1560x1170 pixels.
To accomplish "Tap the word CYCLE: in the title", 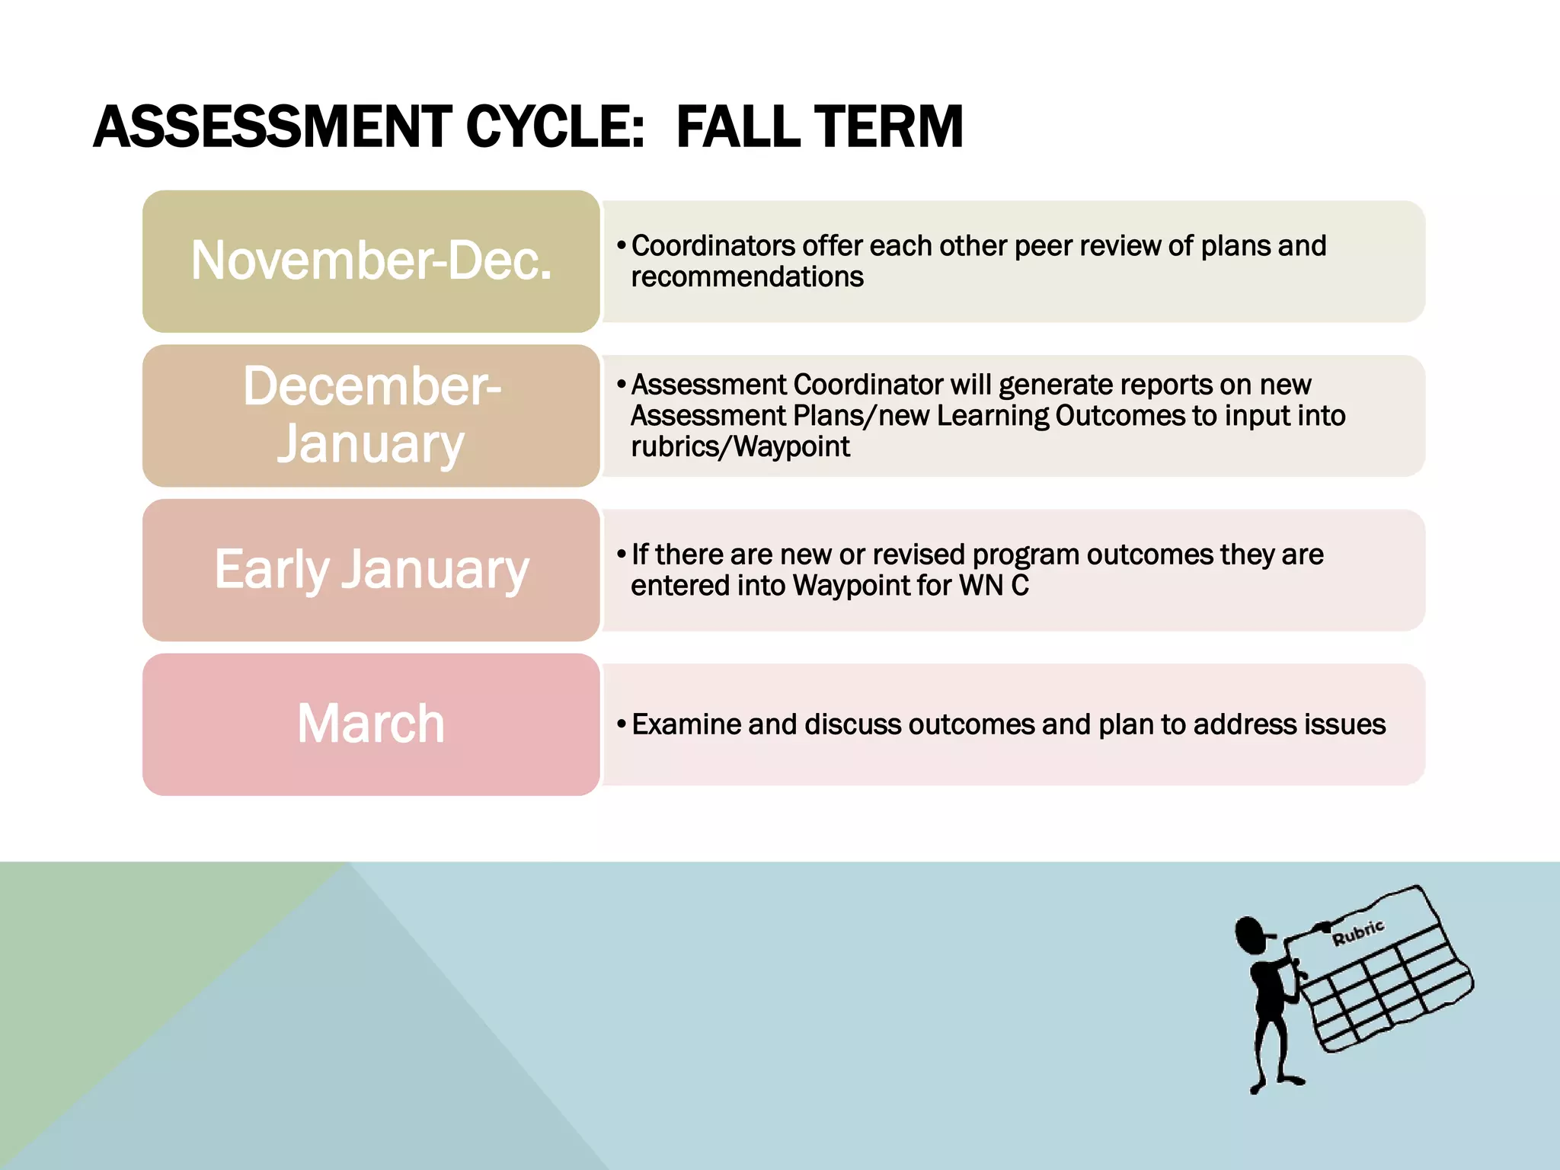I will coord(555,127).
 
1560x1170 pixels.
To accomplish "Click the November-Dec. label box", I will coord(371,261).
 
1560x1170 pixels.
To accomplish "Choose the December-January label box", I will coord(371,416).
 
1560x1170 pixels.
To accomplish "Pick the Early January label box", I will coord(371,570).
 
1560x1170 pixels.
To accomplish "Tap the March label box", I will coord(371,724).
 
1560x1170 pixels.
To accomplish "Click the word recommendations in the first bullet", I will coord(747,277).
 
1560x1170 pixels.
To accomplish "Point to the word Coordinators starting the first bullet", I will coord(713,246).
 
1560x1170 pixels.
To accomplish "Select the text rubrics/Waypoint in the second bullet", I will coord(740,447).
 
